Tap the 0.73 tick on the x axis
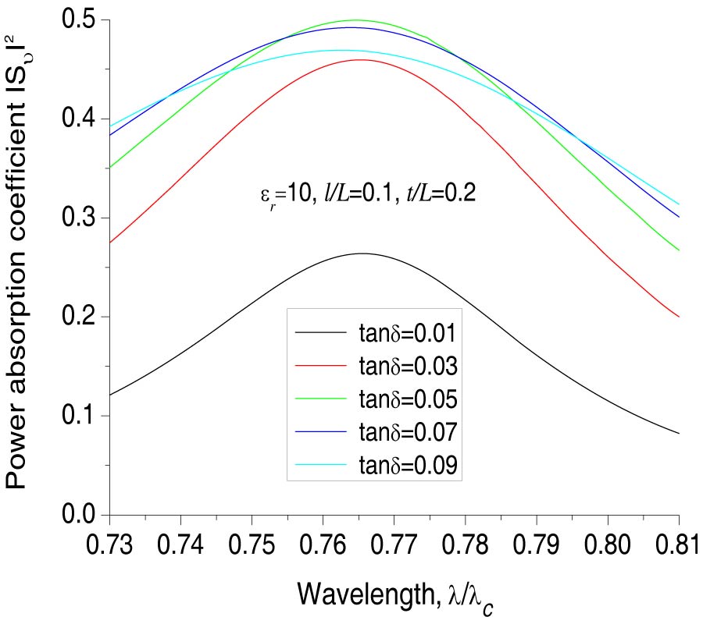tap(110, 545)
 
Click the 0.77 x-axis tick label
tap(394, 545)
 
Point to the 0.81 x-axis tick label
tap(678, 545)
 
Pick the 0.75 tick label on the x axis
tap(252, 545)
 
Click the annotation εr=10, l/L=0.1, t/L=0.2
tap(367, 194)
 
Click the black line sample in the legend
tap(320, 333)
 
